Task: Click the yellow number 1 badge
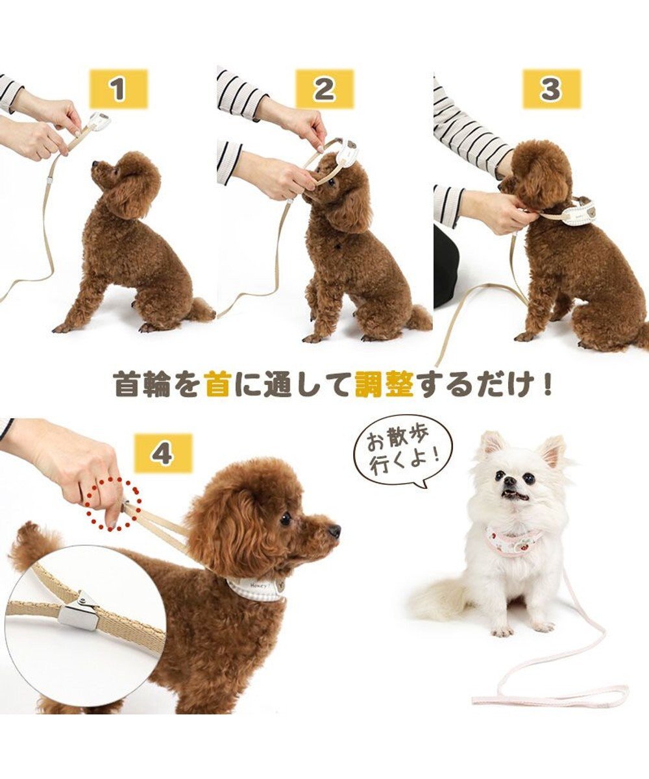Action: pos(118,89)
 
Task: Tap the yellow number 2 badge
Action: pos(324,89)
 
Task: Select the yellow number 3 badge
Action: pos(551,89)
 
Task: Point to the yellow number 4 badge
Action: pos(163,452)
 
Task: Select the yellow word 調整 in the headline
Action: pos(384,384)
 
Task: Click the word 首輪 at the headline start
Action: pos(142,384)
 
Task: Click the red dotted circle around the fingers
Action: pos(105,504)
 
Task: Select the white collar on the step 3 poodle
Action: pos(578,212)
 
